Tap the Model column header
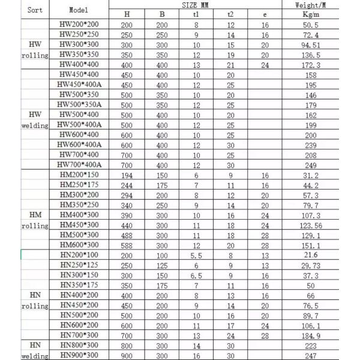click(78, 10)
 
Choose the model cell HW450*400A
click(80, 85)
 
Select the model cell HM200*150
click(79, 175)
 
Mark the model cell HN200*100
click(79, 255)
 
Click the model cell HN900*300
click(79, 355)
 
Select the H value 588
click(127, 245)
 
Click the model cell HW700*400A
click(80, 164)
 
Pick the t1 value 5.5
click(195, 255)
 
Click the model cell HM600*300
click(79, 245)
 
